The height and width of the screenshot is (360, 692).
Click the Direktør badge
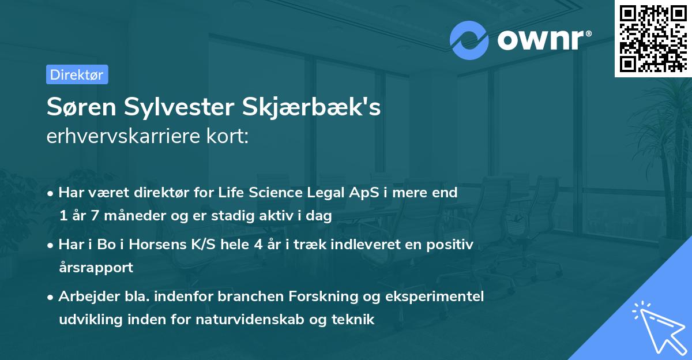pos(77,74)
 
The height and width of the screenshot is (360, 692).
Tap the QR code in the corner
pos(653,38)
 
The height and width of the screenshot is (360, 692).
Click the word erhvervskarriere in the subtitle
pos(123,137)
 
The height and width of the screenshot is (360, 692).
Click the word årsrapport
pos(96,267)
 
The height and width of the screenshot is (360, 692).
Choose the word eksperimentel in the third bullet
pos(441,296)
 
